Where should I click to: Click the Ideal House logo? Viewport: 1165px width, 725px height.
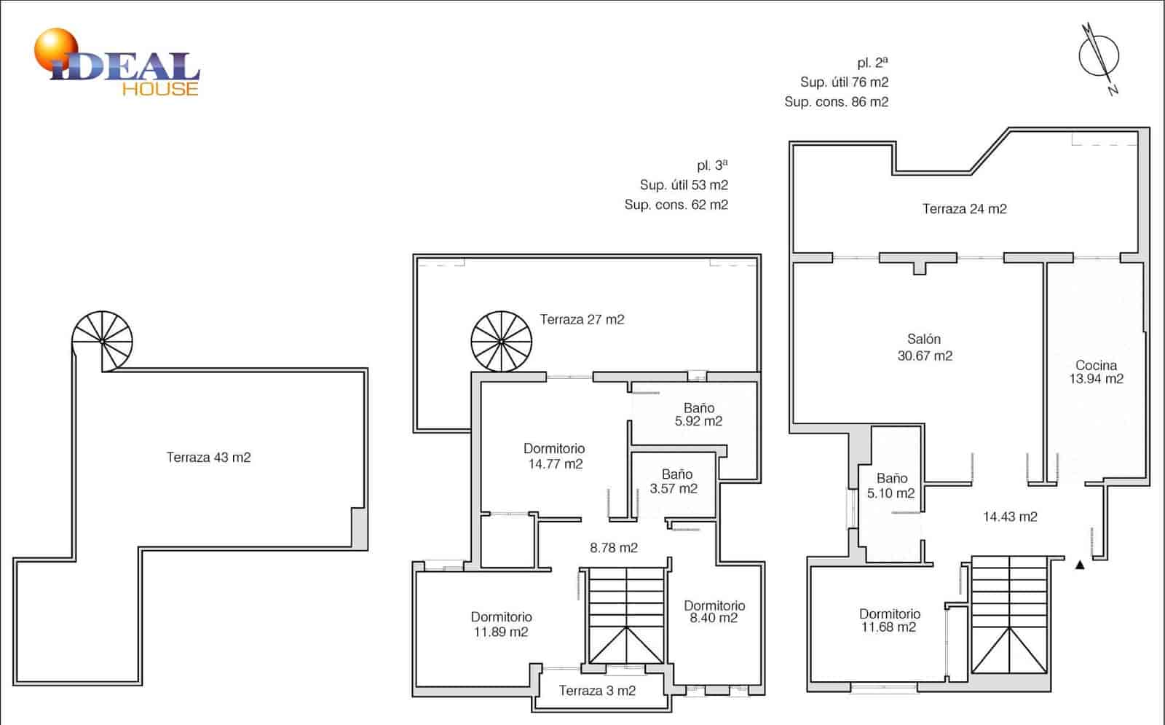(116, 64)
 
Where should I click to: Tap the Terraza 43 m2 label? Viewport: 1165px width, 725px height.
(208, 458)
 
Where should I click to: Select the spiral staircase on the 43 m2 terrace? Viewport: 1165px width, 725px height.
(103, 341)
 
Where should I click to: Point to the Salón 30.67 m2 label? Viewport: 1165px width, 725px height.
(924, 348)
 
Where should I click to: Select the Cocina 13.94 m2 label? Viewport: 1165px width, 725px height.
(1096, 372)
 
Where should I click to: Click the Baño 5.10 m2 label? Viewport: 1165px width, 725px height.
(891, 486)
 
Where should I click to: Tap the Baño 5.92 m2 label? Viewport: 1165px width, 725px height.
(698, 415)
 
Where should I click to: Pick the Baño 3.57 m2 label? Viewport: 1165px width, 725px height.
(674, 482)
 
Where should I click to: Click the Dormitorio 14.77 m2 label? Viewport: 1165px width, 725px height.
(554, 456)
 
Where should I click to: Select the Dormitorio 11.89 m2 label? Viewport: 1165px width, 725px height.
(501, 624)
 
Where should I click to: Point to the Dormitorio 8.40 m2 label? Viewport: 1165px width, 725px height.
(714, 611)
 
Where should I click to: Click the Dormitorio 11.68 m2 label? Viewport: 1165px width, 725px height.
(889, 620)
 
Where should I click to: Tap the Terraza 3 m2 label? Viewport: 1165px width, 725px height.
(597, 691)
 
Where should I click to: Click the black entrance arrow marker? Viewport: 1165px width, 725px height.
(1080, 564)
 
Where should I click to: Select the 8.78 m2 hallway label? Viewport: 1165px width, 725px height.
(613, 548)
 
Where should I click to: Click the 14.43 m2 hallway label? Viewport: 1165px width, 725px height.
(1010, 517)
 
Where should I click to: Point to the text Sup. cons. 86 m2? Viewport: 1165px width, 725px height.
(836, 102)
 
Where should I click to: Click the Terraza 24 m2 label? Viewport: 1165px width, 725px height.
(964, 209)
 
